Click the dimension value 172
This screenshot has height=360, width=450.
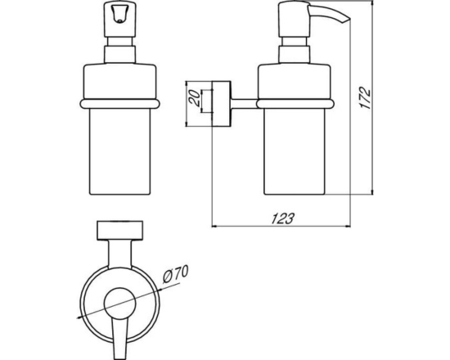coord(366,98)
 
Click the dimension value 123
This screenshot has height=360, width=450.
coord(283,218)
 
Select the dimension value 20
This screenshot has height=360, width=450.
coord(194,98)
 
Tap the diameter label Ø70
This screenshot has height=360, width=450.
coord(176,274)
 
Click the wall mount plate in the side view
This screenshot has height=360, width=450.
coord(221,104)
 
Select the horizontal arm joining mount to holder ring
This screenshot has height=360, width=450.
coord(244,104)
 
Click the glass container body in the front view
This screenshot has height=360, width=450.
coord(119,151)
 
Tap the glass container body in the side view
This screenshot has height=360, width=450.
coord(295,151)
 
